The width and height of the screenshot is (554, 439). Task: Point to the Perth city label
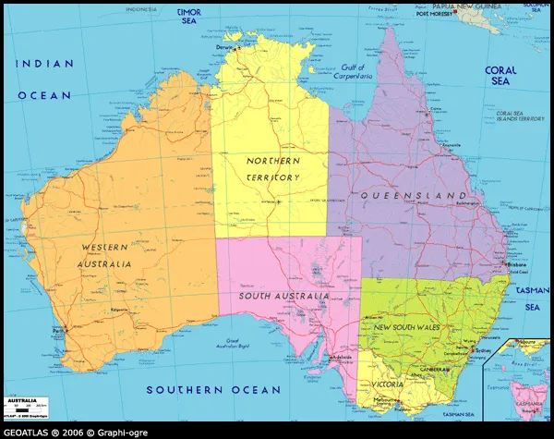(60, 329)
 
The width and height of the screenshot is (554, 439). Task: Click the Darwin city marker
(238, 47)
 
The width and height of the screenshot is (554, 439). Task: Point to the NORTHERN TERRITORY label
(273, 168)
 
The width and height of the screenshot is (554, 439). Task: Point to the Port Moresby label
(437, 15)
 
